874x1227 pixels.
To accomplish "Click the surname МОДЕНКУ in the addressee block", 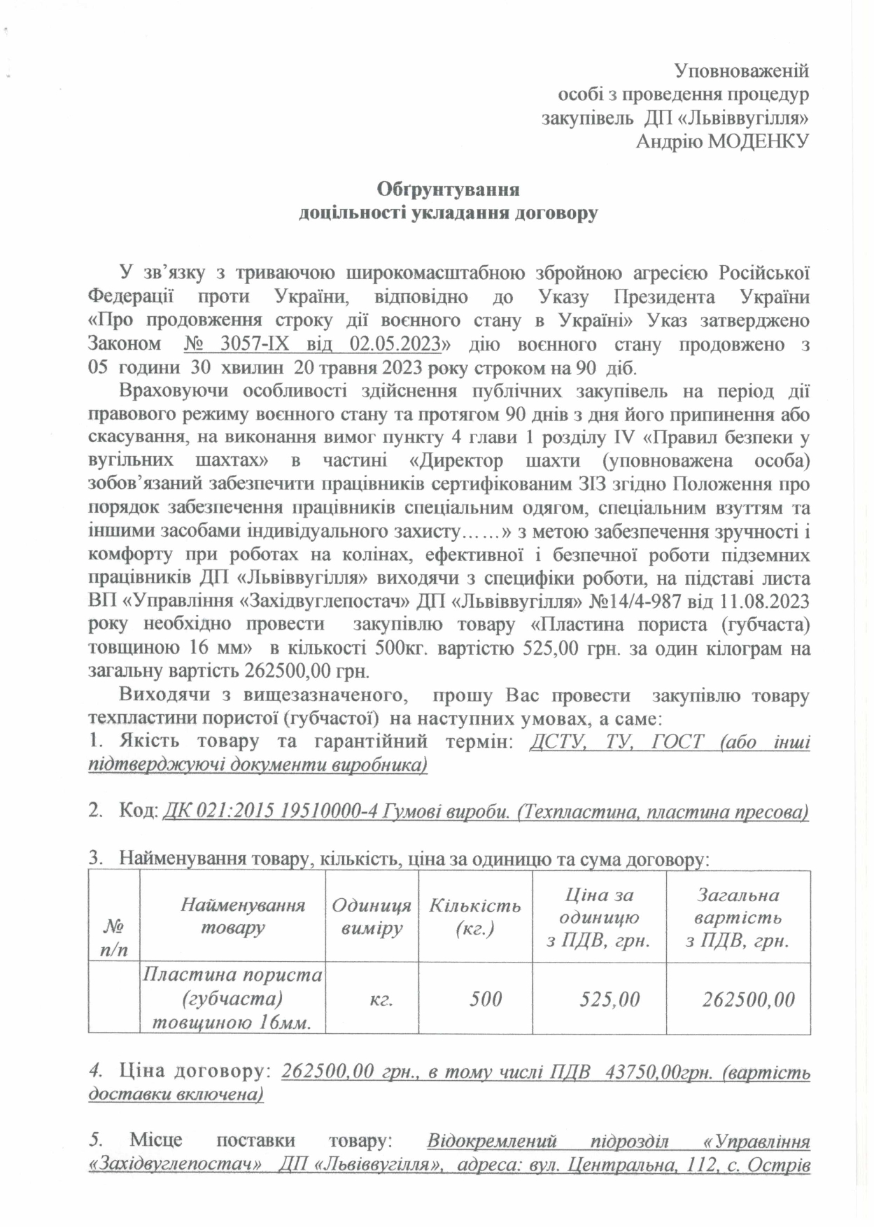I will [x=759, y=141].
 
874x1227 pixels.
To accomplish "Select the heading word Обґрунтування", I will [x=448, y=190].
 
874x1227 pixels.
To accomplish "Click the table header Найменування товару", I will [x=232, y=916].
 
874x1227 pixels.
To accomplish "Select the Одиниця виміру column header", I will [x=371, y=916].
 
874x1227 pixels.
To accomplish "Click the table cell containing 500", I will [x=485, y=999].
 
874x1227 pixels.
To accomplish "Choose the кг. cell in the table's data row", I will [x=381, y=999].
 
